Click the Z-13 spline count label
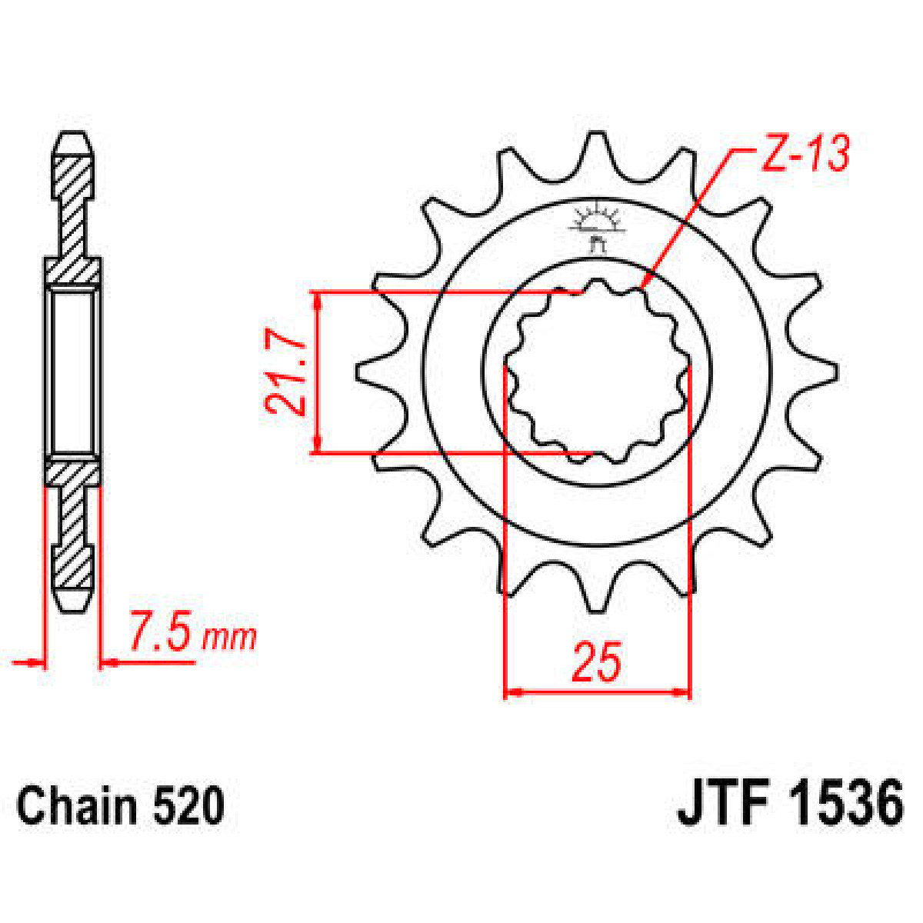(x=805, y=155)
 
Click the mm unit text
(x=228, y=638)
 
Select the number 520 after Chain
(x=188, y=807)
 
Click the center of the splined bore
(x=596, y=373)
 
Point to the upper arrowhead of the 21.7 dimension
(x=317, y=299)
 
